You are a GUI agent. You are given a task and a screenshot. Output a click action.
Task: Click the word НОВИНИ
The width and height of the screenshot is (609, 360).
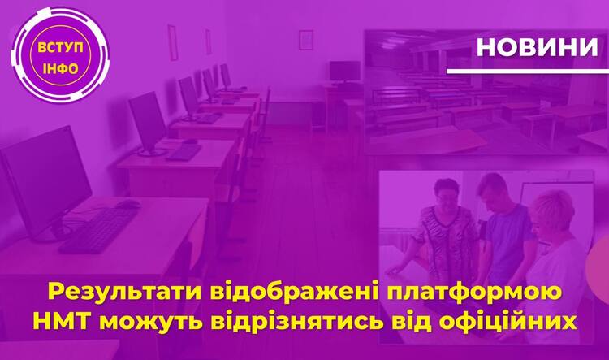[538, 47]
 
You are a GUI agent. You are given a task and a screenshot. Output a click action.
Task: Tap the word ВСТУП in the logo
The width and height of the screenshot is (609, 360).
[60, 48]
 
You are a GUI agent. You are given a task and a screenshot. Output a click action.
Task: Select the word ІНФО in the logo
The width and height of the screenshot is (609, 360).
[61, 69]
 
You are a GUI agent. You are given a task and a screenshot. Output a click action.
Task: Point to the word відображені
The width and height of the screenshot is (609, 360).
[296, 293]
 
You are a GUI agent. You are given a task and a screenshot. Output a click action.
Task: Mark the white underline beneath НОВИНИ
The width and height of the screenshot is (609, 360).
[528, 72]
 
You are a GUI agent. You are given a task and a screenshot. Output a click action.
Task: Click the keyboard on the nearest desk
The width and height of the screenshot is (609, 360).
[98, 231]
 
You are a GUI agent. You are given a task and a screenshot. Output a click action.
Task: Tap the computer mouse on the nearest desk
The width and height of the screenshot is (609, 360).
[127, 204]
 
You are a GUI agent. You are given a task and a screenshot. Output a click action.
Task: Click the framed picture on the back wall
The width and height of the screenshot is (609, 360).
[305, 40]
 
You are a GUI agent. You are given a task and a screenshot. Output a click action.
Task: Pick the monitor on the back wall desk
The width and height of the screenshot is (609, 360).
[345, 72]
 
